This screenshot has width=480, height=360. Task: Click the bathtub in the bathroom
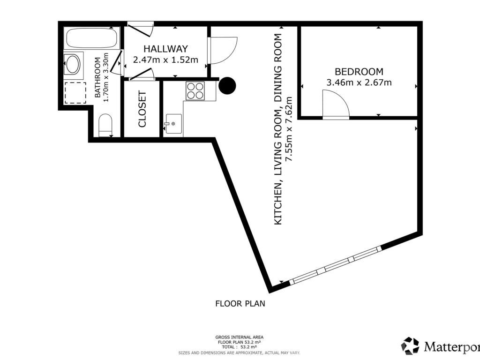pos(91,37)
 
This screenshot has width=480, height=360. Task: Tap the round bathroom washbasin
pos(73,64)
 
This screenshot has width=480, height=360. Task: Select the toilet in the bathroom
pos(105,125)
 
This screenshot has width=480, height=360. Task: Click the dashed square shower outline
pos(75,93)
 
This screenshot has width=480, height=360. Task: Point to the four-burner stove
pos(195,91)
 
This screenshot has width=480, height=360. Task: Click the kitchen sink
pos(173,124)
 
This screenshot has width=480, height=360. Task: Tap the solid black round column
pos(227,85)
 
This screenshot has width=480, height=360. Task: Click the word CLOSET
pos(142,109)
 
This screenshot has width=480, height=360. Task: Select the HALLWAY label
pos(165,49)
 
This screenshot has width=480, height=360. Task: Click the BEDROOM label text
pos(359,72)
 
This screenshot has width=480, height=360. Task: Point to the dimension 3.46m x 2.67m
pos(359,82)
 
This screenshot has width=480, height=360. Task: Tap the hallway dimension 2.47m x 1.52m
pos(165,60)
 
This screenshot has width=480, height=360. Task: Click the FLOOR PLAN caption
pos(240,304)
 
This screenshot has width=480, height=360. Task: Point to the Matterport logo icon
pos(410,346)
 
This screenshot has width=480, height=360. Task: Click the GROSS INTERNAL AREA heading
pos(240,337)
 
